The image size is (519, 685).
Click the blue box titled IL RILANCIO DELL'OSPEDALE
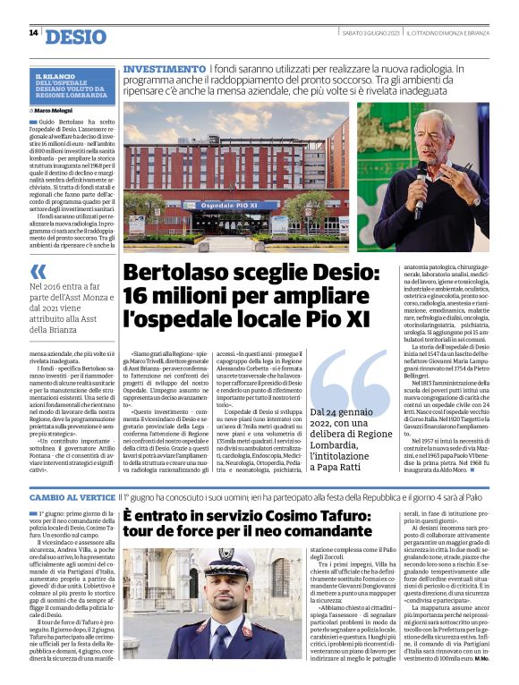[x=73, y=87]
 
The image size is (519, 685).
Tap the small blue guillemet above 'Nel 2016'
[x=38, y=272]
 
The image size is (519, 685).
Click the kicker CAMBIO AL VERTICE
[x=72, y=496]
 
